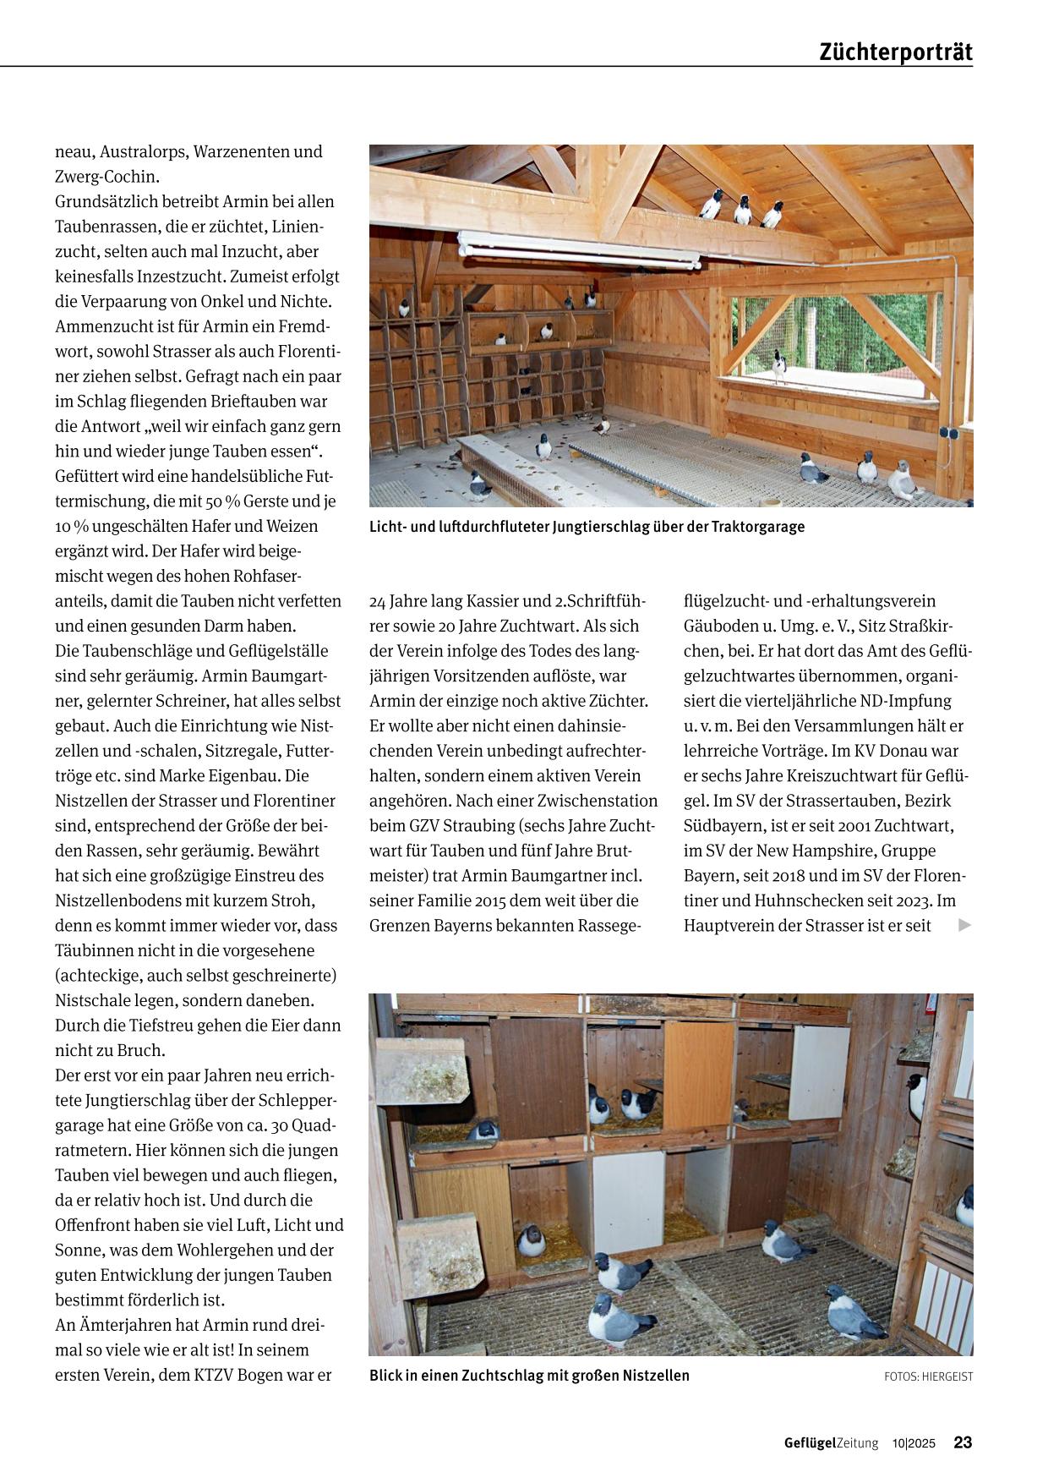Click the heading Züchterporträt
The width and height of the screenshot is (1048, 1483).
896,52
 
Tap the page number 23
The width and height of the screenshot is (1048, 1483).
963,1442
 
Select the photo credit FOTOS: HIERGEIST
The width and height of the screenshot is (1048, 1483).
928,1376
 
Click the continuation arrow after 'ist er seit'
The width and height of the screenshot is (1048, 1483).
964,925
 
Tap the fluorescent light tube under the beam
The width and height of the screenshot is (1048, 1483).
579,249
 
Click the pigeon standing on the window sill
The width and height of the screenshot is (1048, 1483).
778,366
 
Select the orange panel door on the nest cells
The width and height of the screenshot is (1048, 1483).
698,1075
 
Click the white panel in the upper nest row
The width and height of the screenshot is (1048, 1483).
819,1072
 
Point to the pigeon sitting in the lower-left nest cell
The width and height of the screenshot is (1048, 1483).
531,1240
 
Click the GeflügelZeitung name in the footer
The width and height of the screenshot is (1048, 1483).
830,1443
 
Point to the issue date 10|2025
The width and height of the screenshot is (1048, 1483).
914,1443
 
